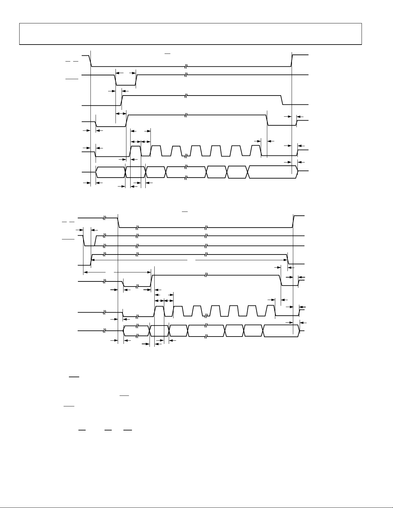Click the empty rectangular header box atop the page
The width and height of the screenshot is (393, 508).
191,34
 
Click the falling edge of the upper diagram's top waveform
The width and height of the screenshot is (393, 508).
90,61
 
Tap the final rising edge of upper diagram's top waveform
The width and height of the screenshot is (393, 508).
292,61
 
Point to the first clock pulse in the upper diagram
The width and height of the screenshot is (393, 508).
135,151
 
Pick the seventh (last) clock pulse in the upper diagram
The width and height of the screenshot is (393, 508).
255,150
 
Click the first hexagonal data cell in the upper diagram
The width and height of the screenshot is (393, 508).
110,172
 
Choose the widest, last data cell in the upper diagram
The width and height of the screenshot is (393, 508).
273,172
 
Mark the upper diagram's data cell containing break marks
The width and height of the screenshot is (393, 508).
186,172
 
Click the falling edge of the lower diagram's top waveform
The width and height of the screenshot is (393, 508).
119,222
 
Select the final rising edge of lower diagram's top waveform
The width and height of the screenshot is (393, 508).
293,221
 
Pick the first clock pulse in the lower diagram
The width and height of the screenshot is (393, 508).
159,311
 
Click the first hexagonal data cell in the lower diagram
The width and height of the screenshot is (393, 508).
137,331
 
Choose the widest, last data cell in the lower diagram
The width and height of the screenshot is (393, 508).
281,331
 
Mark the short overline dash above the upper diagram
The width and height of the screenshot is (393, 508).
167,52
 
